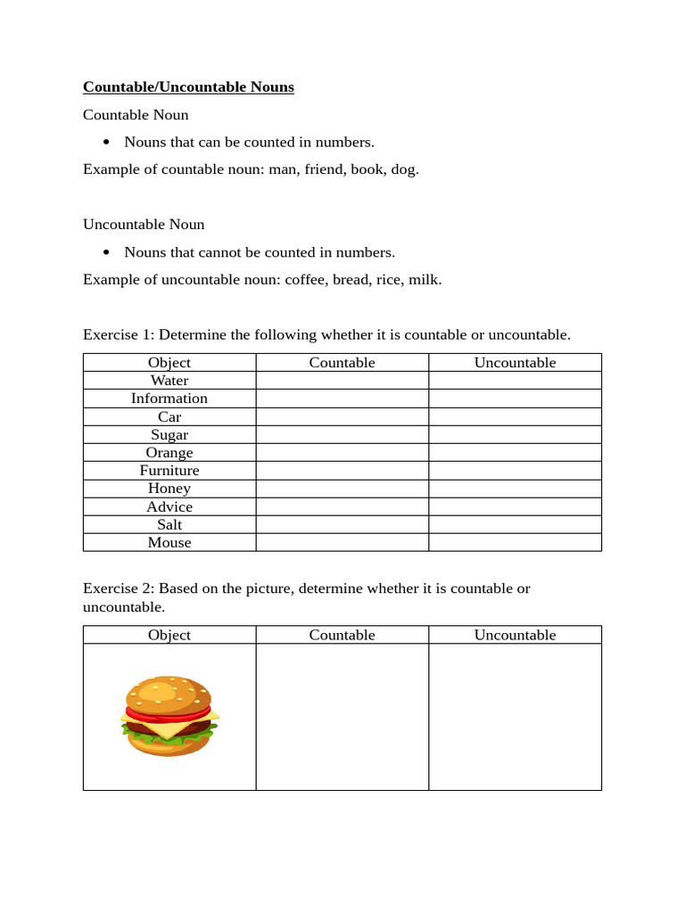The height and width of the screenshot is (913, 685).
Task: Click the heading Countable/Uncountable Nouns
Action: [x=188, y=86]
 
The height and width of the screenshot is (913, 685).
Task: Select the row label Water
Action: [x=169, y=381]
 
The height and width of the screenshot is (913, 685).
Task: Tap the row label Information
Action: [x=169, y=399]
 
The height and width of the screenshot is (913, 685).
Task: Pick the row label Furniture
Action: [x=169, y=470]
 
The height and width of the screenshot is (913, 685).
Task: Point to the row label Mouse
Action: [x=169, y=542]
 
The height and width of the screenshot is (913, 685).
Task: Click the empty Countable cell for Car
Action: [x=342, y=416]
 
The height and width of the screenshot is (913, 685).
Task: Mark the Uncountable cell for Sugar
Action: [x=515, y=434]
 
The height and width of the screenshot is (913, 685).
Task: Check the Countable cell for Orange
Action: [x=342, y=452]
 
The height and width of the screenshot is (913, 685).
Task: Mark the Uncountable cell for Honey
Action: [x=515, y=488]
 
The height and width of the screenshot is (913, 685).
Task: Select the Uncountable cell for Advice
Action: [x=515, y=506]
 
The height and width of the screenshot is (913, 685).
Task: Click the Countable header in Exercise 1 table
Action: [x=342, y=362]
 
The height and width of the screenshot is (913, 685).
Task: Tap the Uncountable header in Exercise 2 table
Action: [x=515, y=635]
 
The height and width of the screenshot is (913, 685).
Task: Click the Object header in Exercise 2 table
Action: [x=169, y=635]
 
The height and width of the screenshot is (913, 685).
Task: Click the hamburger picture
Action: [x=169, y=717]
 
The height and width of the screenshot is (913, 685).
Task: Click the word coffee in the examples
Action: [x=305, y=279]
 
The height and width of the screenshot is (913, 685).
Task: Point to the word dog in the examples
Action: [x=403, y=169]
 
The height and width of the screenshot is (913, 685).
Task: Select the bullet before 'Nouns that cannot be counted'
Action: [x=107, y=252]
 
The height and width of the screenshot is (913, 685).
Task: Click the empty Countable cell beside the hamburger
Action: [x=342, y=717]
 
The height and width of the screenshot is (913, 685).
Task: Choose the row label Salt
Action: [x=169, y=524]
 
